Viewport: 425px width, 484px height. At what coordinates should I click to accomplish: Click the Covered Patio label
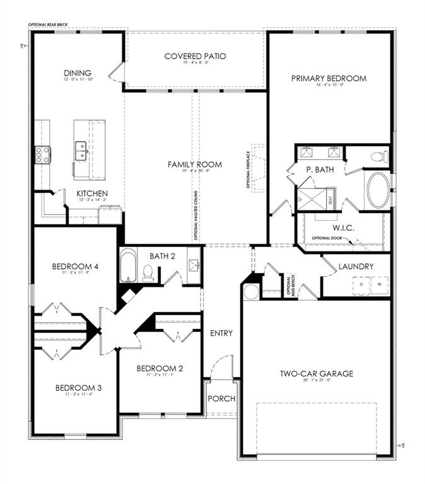point(195,56)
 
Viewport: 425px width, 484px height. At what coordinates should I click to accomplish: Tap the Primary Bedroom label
point(329,79)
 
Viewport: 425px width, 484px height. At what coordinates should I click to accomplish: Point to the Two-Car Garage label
point(317,374)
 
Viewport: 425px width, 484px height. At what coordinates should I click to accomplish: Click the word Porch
point(221,398)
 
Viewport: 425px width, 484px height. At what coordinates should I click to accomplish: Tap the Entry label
point(221,333)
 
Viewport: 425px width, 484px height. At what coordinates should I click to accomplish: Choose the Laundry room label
point(356,267)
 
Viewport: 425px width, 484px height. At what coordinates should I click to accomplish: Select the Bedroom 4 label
point(74,267)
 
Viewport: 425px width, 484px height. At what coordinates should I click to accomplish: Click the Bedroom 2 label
point(159,369)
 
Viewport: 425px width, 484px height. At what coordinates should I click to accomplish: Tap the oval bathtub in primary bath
point(378,190)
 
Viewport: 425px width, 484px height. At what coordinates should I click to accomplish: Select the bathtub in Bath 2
point(129,267)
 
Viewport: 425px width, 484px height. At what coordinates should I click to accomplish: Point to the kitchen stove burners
point(43,155)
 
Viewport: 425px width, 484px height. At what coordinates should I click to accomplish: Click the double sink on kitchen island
point(81,151)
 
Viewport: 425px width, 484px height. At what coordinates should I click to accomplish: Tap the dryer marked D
point(361,285)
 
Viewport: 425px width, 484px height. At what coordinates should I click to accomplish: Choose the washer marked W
point(380,285)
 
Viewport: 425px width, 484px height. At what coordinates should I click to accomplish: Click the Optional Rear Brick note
point(48,25)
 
